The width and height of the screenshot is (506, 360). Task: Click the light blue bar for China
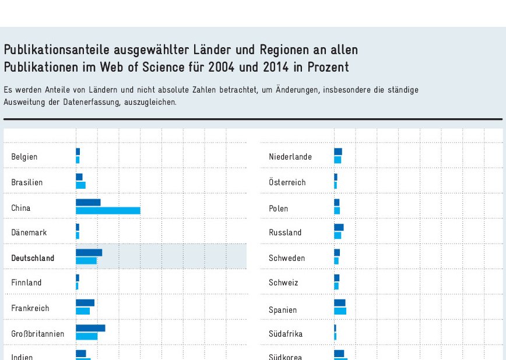click(x=108, y=210)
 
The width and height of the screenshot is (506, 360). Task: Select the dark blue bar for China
click(x=88, y=203)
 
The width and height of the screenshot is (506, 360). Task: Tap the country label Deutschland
click(x=33, y=258)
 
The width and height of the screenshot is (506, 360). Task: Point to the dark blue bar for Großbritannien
click(x=90, y=329)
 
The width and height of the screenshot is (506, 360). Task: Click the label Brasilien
click(x=27, y=182)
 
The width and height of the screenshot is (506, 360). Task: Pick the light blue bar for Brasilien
click(x=80, y=185)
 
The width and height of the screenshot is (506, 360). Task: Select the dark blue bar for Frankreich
click(x=85, y=303)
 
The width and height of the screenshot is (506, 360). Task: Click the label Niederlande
click(x=290, y=157)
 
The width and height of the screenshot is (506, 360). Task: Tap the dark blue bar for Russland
click(x=339, y=228)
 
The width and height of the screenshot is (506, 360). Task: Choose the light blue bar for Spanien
click(x=340, y=311)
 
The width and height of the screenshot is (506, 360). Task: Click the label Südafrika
click(x=286, y=334)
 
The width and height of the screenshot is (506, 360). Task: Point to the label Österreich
click(x=287, y=182)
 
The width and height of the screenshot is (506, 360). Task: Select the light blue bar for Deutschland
click(x=86, y=261)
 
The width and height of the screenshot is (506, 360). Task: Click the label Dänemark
click(x=29, y=232)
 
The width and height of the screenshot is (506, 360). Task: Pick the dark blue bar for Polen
click(x=336, y=203)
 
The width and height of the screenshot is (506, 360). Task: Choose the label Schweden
click(x=287, y=258)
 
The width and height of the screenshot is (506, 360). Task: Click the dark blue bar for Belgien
click(x=78, y=152)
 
